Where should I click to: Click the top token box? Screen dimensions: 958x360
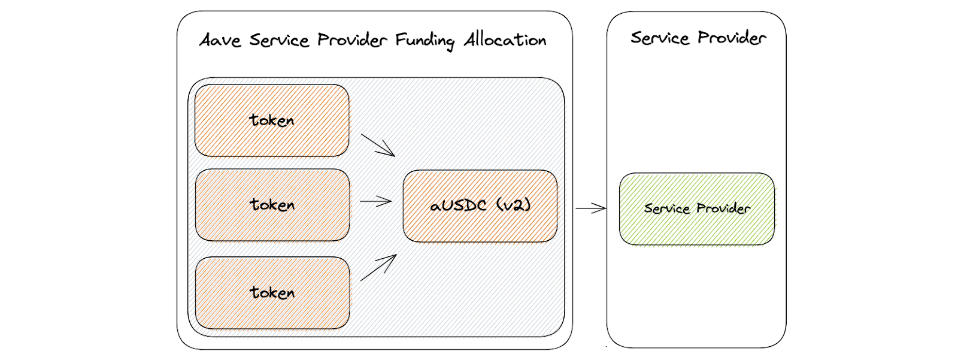tap(272, 120)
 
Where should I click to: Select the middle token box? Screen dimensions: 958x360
tap(272, 205)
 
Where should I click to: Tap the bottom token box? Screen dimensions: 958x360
tap(272, 293)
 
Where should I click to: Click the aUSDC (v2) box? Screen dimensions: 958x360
tap(480, 206)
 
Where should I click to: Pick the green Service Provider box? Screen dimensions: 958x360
tap(697, 209)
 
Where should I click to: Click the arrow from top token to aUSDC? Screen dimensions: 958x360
tap(378, 145)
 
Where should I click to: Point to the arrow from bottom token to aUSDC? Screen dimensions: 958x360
tap(378, 268)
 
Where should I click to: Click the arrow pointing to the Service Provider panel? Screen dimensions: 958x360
tap(591, 208)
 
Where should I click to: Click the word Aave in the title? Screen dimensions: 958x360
tap(220, 40)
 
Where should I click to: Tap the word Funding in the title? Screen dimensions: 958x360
tap(425, 41)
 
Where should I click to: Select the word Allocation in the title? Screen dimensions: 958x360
tap(505, 40)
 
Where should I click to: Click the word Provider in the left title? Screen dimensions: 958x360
tap(352, 40)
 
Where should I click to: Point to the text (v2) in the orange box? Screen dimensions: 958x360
tap(513, 205)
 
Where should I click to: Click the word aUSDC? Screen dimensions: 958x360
tap(459, 206)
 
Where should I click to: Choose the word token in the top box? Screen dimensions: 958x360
tap(272, 120)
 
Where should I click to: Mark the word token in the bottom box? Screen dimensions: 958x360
tap(272, 293)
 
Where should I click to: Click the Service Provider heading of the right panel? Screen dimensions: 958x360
tap(698, 38)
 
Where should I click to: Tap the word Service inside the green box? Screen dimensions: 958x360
tap(667, 208)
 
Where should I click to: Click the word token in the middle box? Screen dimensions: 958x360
tap(272, 205)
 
